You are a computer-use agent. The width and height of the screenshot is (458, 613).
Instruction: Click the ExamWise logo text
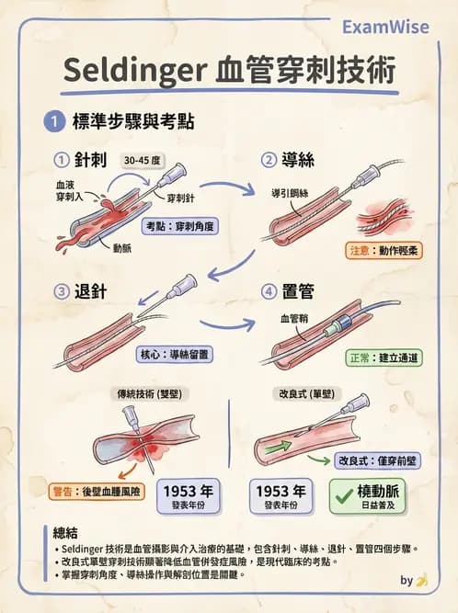pos(384,27)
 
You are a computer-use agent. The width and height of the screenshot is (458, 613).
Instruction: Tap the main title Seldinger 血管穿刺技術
pos(230,71)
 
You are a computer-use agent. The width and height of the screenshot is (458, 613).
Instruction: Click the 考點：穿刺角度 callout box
pos(182,225)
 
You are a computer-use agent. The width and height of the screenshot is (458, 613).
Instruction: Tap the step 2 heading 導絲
pos(298,160)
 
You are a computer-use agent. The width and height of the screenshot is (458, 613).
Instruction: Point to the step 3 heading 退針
pos(90,291)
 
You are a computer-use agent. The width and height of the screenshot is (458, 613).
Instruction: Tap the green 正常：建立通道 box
pos(384,357)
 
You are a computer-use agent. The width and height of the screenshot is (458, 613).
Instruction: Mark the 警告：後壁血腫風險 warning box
pos(97,492)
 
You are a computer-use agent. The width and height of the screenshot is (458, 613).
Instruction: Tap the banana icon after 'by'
pos(421,581)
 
